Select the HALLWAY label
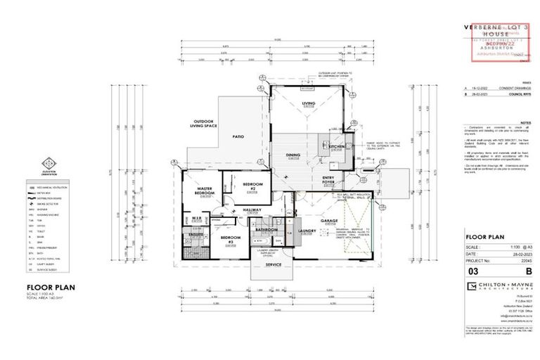tap(252, 210)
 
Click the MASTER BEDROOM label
tap(205, 191)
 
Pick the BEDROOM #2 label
tap(252, 186)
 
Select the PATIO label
tap(238, 136)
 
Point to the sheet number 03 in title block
tap(475, 270)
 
